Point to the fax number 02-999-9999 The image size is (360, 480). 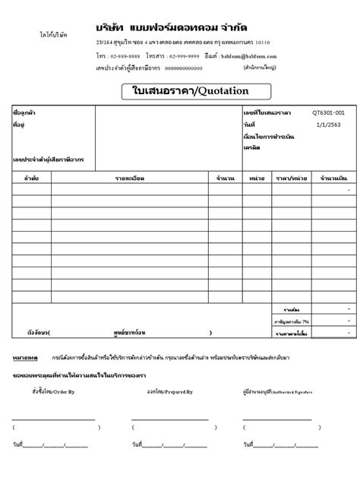(184, 56)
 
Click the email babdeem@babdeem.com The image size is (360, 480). (254, 56)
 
